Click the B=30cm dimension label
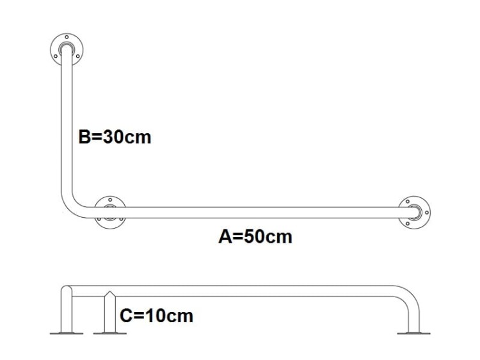(x=115, y=137)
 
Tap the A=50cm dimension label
(x=255, y=237)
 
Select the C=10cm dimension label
(x=156, y=316)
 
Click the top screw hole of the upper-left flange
(x=67, y=37)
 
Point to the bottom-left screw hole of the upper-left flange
(x=56, y=56)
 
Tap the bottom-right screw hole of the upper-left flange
(x=77, y=56)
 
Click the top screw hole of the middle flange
(x=110, y=200)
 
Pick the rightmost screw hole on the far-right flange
(x=427, y=213)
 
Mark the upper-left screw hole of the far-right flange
(x=408, y=202)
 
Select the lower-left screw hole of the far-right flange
(x=408, y=224)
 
